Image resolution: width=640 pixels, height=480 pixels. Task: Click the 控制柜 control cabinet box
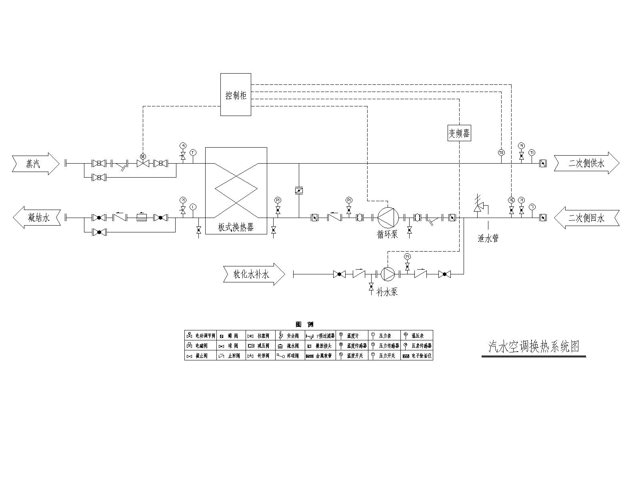pos(236,95)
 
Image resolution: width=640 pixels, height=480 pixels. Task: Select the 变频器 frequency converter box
pos(459,133)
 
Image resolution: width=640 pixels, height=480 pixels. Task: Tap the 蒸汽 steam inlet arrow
pos(36,163)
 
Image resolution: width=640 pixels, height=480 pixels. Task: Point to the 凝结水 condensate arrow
pos(37,218)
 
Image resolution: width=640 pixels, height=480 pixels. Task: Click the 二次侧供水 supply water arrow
pos(586,163)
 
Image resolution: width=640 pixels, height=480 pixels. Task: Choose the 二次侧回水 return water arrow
pos(587,218)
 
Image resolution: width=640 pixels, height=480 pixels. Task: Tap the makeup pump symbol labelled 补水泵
pos(388,274)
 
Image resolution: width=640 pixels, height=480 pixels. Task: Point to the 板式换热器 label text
pos(236,228)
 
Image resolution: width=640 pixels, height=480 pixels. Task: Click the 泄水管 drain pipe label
pos(488,239)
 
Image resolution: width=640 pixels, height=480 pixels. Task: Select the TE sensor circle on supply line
pos(501,152)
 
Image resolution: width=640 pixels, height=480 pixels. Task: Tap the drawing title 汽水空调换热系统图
pos(534,346)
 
